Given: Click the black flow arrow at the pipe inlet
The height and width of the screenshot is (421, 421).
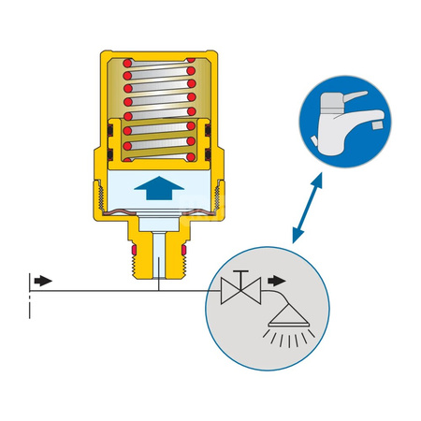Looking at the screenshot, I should click(x=43, y=280).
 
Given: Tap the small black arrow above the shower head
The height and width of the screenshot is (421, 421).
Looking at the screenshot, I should click(x=276, y=280).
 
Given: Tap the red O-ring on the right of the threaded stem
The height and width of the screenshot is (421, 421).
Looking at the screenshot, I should click(x=184, y=252).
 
